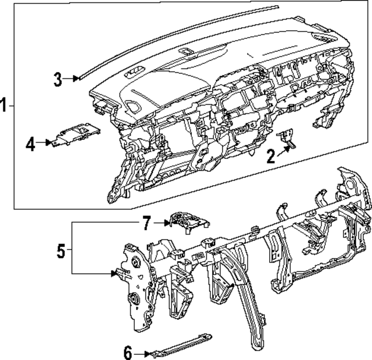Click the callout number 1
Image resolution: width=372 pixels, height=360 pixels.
pos(5,106)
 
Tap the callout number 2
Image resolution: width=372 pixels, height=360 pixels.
pos(271,156)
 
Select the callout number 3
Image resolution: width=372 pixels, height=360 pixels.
pos(58,80)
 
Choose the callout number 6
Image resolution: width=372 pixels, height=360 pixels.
pos(129,352)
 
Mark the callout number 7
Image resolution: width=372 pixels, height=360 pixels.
pos(146,222)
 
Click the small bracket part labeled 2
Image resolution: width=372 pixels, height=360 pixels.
pos(288,138)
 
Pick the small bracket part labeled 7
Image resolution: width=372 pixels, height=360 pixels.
pos(187,222)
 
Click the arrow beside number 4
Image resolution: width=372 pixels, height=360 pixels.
pos(46,143)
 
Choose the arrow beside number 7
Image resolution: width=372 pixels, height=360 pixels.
pos(162,222)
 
